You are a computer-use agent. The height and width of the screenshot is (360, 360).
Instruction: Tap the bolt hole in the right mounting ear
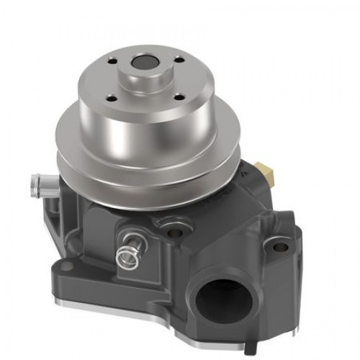click(281, 247)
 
